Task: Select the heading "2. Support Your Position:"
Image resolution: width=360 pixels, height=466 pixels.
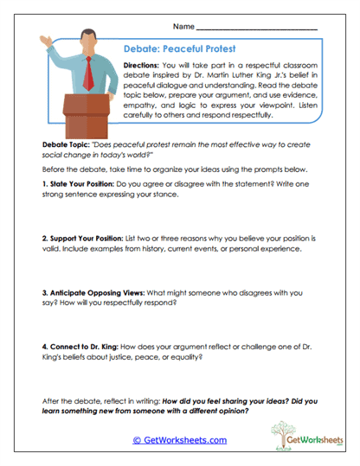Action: [87, 235]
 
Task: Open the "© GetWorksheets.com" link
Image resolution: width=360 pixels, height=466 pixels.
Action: [179, 439]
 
